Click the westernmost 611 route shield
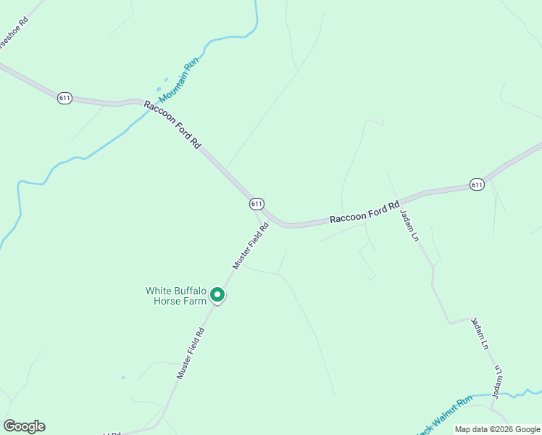(x=65, y=98)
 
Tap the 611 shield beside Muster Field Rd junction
(x=257, y=204)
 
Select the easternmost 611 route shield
(x=476, y=185)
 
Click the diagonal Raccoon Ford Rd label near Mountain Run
(x=172, y=125)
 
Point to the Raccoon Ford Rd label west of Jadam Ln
(x=364, y=212)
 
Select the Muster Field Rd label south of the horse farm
(x=194, y=353)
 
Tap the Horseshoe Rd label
(x=13, y=33)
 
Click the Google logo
(x=24, y=426)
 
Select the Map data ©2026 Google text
(x=496, y=429)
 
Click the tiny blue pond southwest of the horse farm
(x=122, y=378)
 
